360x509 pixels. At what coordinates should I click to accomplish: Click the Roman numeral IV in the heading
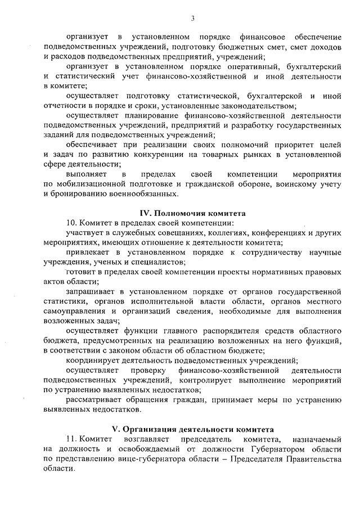[x=145, y=213]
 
